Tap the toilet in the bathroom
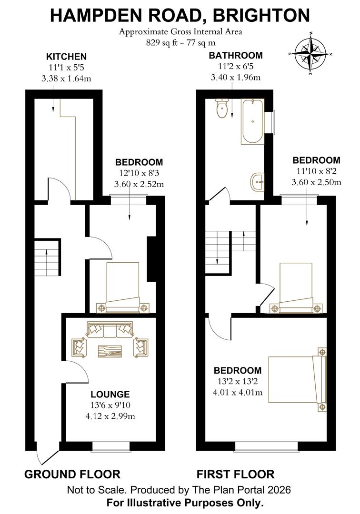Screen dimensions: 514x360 click(222, 109)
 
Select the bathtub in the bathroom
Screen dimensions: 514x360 click(252, 122)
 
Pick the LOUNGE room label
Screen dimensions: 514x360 click(110, 394)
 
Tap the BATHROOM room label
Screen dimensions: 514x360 click(236, 56)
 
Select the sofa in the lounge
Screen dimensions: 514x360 click(110, 329)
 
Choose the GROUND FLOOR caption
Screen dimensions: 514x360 click(72, 474)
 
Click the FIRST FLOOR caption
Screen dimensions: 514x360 click(236, 474)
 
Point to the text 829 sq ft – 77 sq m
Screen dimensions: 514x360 click(180, 42)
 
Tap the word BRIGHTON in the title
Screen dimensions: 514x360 click(261, 15)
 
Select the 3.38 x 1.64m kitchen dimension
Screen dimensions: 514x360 click(66, 79)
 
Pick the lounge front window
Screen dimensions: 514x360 click(110, 446)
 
